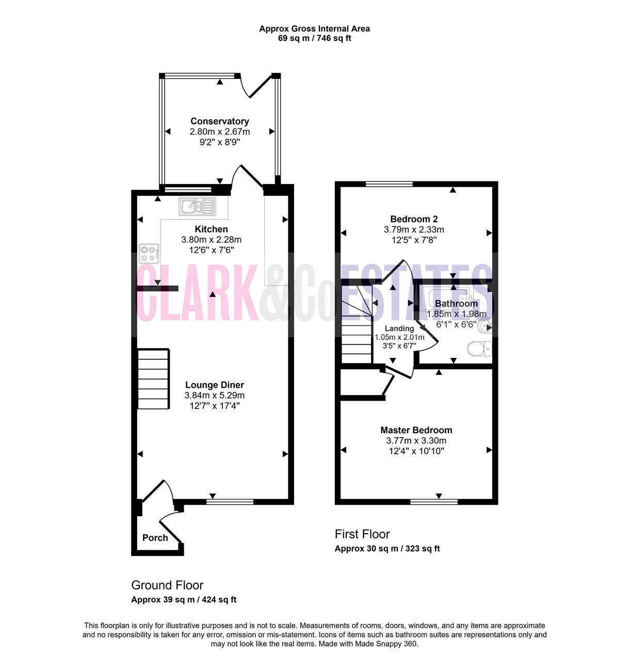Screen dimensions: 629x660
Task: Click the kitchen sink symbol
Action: point(197,206)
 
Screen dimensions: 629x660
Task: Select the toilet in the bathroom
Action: point(479,349)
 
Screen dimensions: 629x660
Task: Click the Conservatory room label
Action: point(220,121)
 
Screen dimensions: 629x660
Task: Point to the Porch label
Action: point(155,538)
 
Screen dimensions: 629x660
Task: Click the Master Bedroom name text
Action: point(416,430)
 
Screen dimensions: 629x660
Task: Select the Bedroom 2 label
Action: point(414,219)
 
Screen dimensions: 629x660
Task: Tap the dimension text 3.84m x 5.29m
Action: point(214,395)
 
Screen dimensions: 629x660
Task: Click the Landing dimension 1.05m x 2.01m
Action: point(399,337)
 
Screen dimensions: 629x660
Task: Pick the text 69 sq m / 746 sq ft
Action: point(315,38)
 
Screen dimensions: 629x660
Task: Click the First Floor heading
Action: point(362,534)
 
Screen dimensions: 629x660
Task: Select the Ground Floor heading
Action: point(167,585)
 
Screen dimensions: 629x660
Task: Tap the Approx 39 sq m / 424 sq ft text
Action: point(184,600)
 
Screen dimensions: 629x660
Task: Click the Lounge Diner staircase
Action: point(153,379)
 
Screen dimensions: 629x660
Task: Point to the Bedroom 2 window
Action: point(389,184)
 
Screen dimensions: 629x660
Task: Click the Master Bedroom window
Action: point(434,502)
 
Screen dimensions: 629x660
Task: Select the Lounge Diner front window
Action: point(230,502)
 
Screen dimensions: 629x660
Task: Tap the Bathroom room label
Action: point(456,304)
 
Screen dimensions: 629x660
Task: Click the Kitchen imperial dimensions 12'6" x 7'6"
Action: point(212,250)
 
